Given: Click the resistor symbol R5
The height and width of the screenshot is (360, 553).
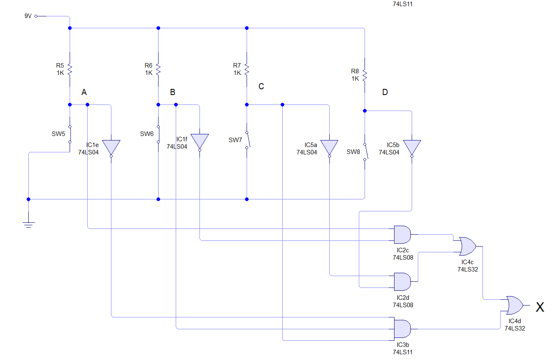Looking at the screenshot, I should point(70,69).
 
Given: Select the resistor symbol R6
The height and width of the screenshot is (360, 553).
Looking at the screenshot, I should point(158,69).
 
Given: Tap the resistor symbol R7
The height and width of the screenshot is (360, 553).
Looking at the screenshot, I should point(247,69).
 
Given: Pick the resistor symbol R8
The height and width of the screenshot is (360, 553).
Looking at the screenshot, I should point(364,75).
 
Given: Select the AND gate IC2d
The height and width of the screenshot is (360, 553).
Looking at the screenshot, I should point(402,281).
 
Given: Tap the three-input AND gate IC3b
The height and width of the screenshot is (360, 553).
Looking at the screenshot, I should point(402,328).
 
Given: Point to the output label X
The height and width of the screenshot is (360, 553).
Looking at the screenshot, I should point(540,307).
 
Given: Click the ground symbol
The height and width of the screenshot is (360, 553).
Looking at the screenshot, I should point(28,224).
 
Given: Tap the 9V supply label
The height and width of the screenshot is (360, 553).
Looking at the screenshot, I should point(28,16).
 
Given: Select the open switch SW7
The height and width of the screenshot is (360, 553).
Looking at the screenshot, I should point(247,140).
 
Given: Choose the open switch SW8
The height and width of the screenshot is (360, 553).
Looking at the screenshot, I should point(365,152).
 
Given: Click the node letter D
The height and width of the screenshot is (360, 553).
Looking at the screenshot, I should point(385,92).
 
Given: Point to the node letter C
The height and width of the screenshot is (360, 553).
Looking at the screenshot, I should point(261,86).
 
